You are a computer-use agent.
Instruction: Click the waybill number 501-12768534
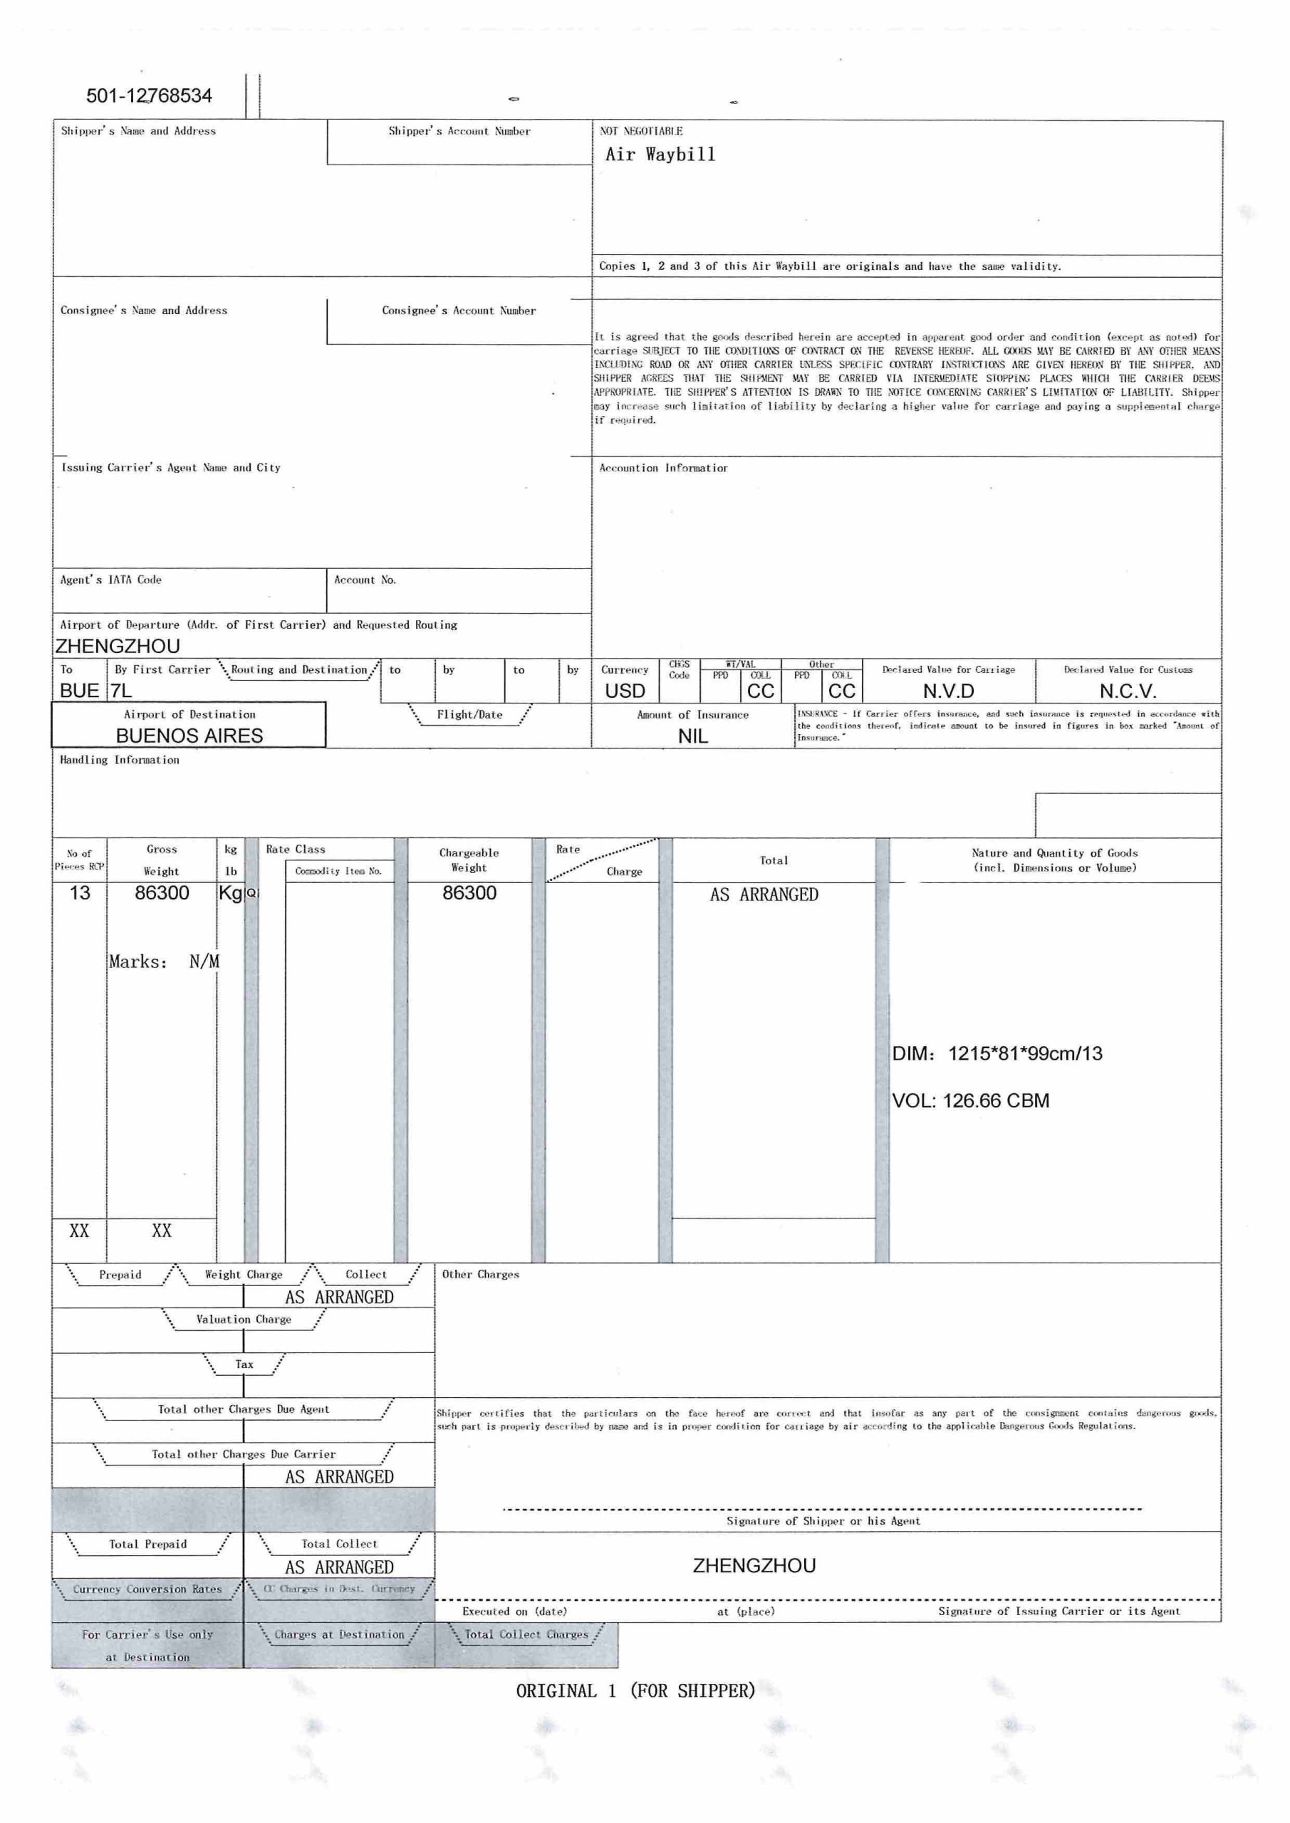(x=149, y=96)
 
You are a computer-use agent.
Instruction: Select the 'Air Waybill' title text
(x=660, y=154)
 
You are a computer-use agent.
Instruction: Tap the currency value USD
(x=625, y=691)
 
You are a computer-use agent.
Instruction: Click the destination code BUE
(x=80, y=691)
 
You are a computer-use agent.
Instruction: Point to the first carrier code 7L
(x=122, y=691)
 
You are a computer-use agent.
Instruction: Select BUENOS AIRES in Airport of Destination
(x=189, y=736)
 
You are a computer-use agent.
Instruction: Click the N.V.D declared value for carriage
(x=947, y=691)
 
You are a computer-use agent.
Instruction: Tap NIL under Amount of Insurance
(x=692, y=736)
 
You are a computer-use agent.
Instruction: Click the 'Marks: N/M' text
(x=164, y=961)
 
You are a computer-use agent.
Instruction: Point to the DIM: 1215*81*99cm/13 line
(x=997, y=1054)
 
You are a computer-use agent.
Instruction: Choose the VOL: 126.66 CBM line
(x=970, y=1100)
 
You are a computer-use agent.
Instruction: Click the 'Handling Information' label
(x=119, y=760)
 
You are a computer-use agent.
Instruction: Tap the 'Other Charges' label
(x=480, y=1275)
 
